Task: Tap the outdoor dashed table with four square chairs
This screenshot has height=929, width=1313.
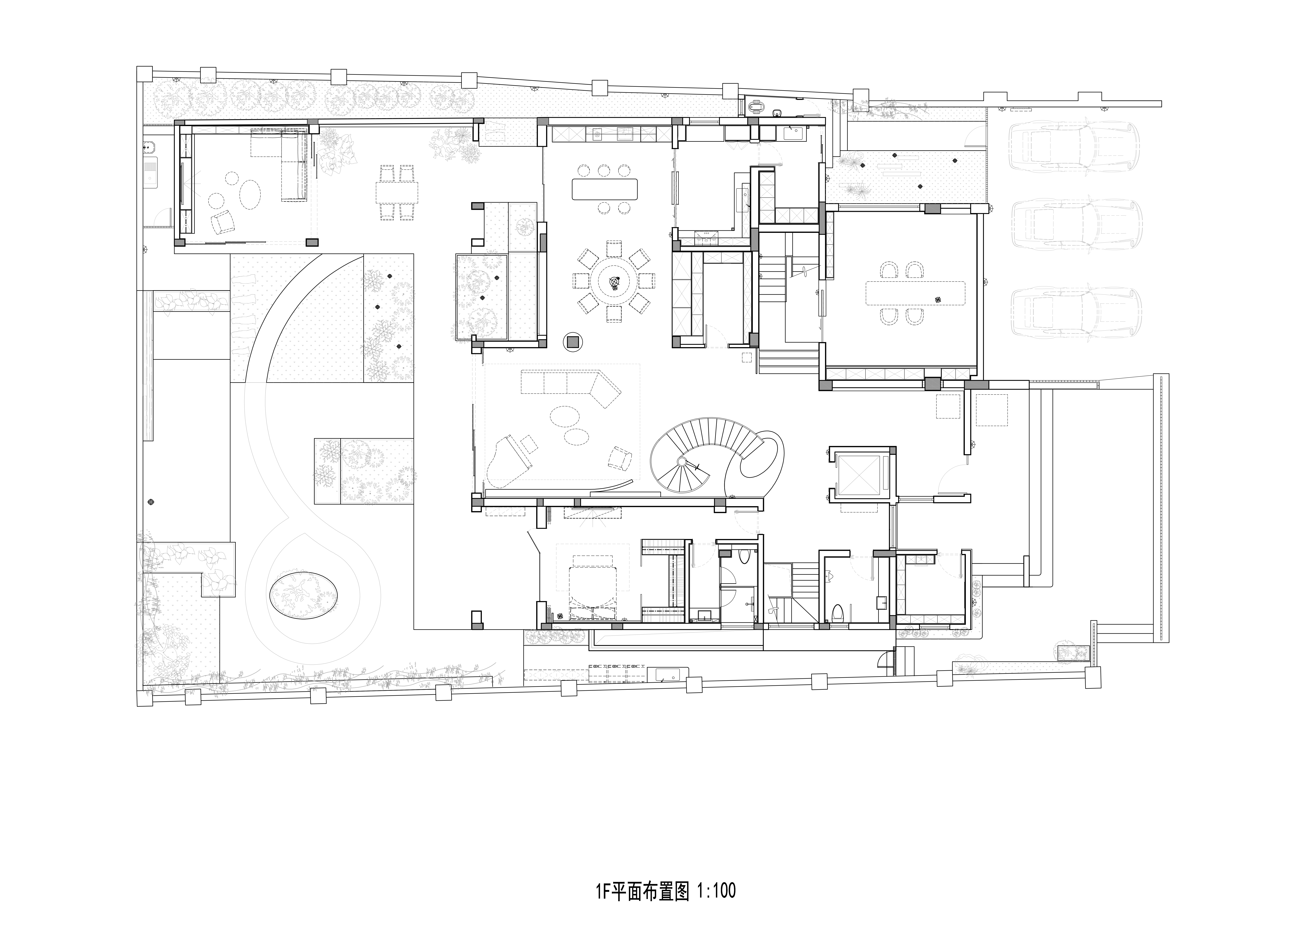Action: point(397,192)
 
